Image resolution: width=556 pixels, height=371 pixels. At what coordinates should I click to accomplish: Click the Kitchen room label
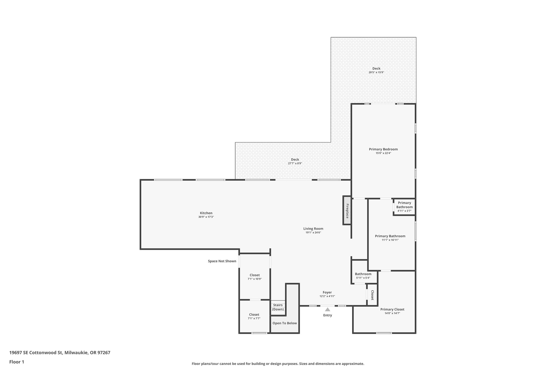click(206, 213)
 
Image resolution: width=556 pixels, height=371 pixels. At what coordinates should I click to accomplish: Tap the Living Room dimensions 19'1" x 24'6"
click(313, 233)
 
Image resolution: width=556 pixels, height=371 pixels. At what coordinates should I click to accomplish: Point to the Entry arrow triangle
click(328, 309)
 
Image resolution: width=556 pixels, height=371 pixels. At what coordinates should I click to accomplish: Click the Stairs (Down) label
click(278, 307)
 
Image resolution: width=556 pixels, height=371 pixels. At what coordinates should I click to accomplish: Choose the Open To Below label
click(285, 323)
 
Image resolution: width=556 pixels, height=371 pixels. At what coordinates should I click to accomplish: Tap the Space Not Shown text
click(222, 261)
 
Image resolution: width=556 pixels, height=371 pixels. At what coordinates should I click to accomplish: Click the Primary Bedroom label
click(383, 149)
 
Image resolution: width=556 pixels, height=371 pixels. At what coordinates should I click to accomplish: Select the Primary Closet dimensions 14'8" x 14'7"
click(392, 313)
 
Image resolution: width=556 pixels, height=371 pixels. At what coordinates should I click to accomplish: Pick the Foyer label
click(327, 292)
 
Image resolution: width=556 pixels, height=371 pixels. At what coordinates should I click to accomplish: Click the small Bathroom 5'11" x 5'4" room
click(363, 276)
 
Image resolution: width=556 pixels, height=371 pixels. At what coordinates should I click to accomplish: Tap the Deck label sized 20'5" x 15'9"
click(376, 68)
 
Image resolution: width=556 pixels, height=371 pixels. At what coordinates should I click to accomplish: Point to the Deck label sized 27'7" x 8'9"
click(295, 160)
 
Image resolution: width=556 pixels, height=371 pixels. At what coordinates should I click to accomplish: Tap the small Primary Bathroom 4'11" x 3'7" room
click(404, 207)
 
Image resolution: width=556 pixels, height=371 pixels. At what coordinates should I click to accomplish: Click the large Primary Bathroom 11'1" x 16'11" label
click(390, 236)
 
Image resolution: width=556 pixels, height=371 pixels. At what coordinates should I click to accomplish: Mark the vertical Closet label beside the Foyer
click(372, 295)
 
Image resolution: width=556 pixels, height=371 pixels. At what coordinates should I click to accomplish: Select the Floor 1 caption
click(17, 362)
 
